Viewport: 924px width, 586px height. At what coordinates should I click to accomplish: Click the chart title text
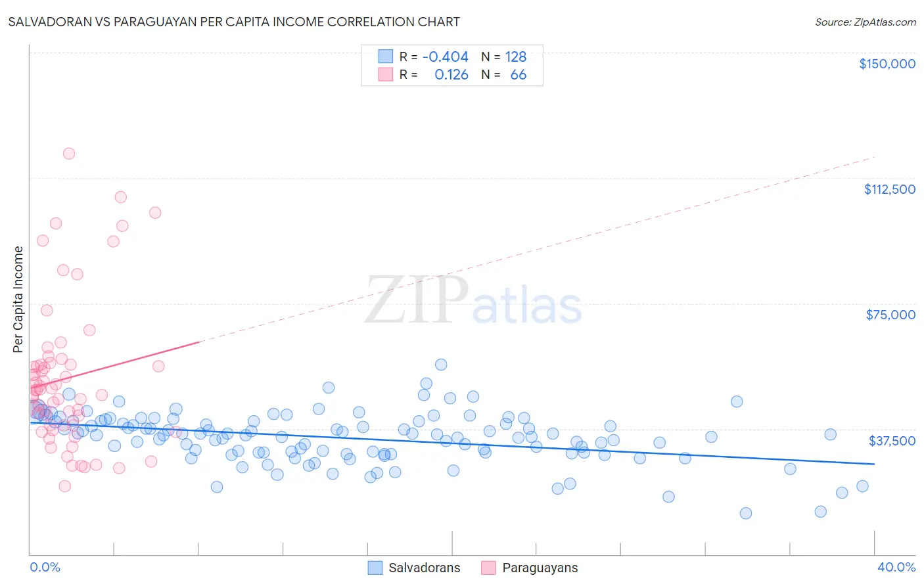point(234,22)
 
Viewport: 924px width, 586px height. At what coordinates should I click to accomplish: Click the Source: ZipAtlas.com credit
point(865,22)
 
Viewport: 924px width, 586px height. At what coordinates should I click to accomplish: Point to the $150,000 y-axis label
point(887,64)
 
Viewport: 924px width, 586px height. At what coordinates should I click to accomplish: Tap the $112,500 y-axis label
point(889,189)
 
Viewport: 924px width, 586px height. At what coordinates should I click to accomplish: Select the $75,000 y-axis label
point(890,315)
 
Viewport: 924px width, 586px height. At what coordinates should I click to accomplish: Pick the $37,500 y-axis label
point(891,441)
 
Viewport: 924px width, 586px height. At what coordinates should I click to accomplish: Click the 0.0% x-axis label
point(45,567)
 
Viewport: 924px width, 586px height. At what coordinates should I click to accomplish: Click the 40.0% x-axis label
point(896,567)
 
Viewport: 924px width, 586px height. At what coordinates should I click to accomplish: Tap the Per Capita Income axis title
point(18,300)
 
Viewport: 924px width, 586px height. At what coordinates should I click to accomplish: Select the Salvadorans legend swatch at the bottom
point(375,568)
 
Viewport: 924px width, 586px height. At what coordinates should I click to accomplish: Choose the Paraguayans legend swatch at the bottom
point(488,568)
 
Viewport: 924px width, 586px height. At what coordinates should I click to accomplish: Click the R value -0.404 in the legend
point(445,57)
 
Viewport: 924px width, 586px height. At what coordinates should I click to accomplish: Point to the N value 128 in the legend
point(515,57)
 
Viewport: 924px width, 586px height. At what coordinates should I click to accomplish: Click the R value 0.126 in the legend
point(451,75)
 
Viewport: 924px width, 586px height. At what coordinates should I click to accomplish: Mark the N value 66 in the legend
point(518,75)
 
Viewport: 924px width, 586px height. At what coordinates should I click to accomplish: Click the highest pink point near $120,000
point(69,154)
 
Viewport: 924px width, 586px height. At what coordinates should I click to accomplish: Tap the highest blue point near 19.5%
point(441,365)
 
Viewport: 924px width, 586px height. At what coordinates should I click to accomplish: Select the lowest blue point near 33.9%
point(745,513)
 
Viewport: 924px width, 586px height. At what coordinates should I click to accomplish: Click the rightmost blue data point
point(862,486)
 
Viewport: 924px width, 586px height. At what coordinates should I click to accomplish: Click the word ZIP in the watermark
point(417,301)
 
